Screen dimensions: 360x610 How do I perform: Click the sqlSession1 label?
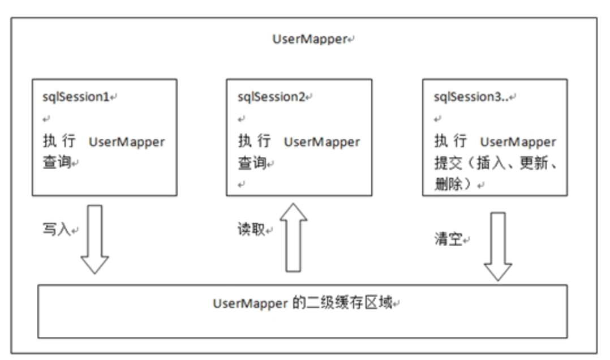pos(76,96)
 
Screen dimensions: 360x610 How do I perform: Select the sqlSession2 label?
pos(271,96)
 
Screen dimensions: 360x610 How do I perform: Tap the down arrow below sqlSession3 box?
pos(499,246)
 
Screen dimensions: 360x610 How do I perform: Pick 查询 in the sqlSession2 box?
pos(251,163)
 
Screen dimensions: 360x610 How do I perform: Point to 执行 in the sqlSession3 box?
pos(450,141)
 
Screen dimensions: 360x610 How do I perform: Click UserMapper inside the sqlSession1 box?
pos(127,142)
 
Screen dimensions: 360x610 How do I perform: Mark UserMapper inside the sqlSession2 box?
pos(322,142)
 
